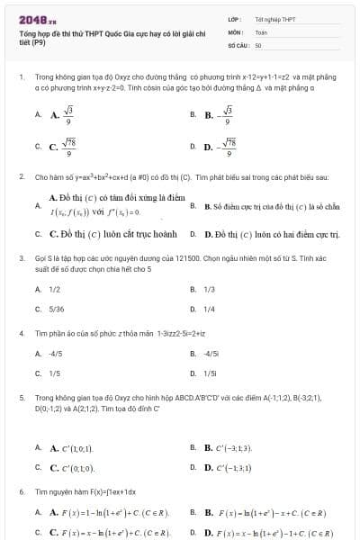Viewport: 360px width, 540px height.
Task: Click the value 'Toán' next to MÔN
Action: (261, 31)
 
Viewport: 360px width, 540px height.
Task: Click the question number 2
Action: (21, 178)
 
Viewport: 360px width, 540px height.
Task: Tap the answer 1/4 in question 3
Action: (210, 309)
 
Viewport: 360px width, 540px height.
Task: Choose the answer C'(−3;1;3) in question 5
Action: (232, 447)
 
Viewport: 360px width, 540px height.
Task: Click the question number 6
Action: (21, 492)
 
